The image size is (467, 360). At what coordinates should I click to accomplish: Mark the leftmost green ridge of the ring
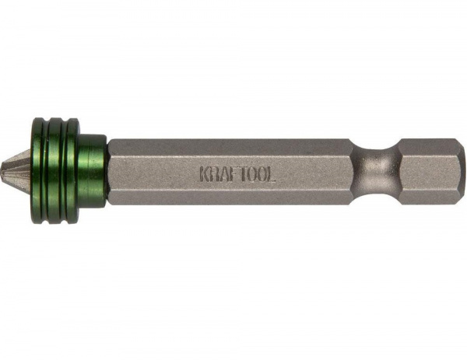click(x=38, y=170)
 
